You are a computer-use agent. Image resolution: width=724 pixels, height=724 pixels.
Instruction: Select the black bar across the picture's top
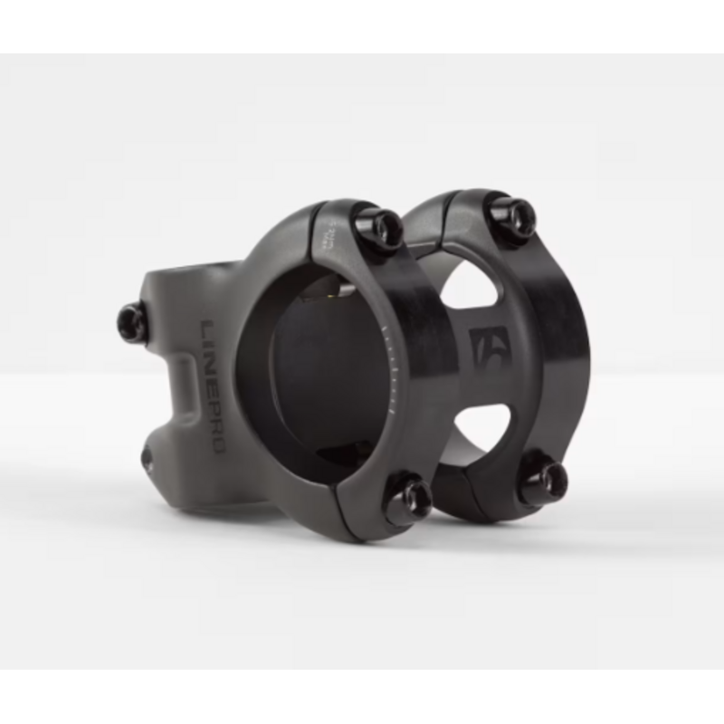(x=362, y=25)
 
